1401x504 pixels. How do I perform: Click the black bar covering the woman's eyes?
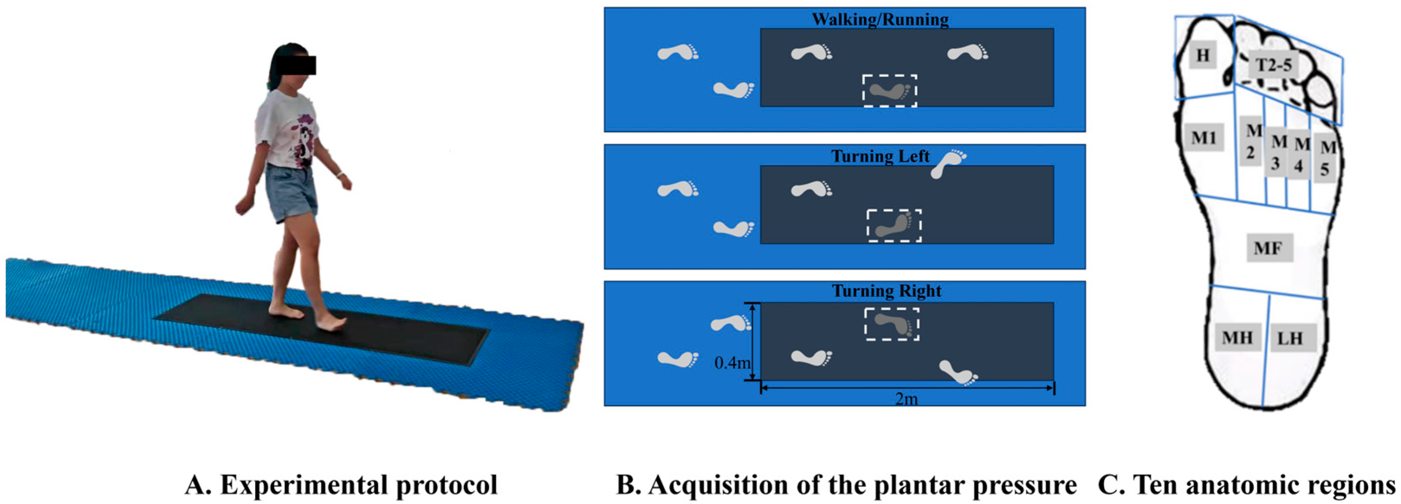click(x=296, y=65)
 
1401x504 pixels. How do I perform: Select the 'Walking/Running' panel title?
click(x=880, y=20)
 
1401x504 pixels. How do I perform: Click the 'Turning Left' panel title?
click(x=880, y=157)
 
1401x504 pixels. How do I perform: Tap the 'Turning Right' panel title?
click(x=887, y=291)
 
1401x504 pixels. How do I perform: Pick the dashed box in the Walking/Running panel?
click(x=890, y=91)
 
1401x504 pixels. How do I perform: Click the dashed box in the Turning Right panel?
click(x=892, y=325)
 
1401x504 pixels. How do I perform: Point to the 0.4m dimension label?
click(x=732, y=362)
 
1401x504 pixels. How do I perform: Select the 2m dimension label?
click(x=907, y=399)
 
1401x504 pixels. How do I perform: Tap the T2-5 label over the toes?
click(x=1273, y=65)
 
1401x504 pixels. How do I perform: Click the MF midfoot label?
click(x=1268, y=248)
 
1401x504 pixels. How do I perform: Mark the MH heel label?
click(x=1237, y=338)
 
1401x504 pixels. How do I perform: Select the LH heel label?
click(x=1289, y=338)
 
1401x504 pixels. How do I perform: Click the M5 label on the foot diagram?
click(x=1327, y=158)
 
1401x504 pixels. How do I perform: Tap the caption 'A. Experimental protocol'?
click(x=341, y=484)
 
